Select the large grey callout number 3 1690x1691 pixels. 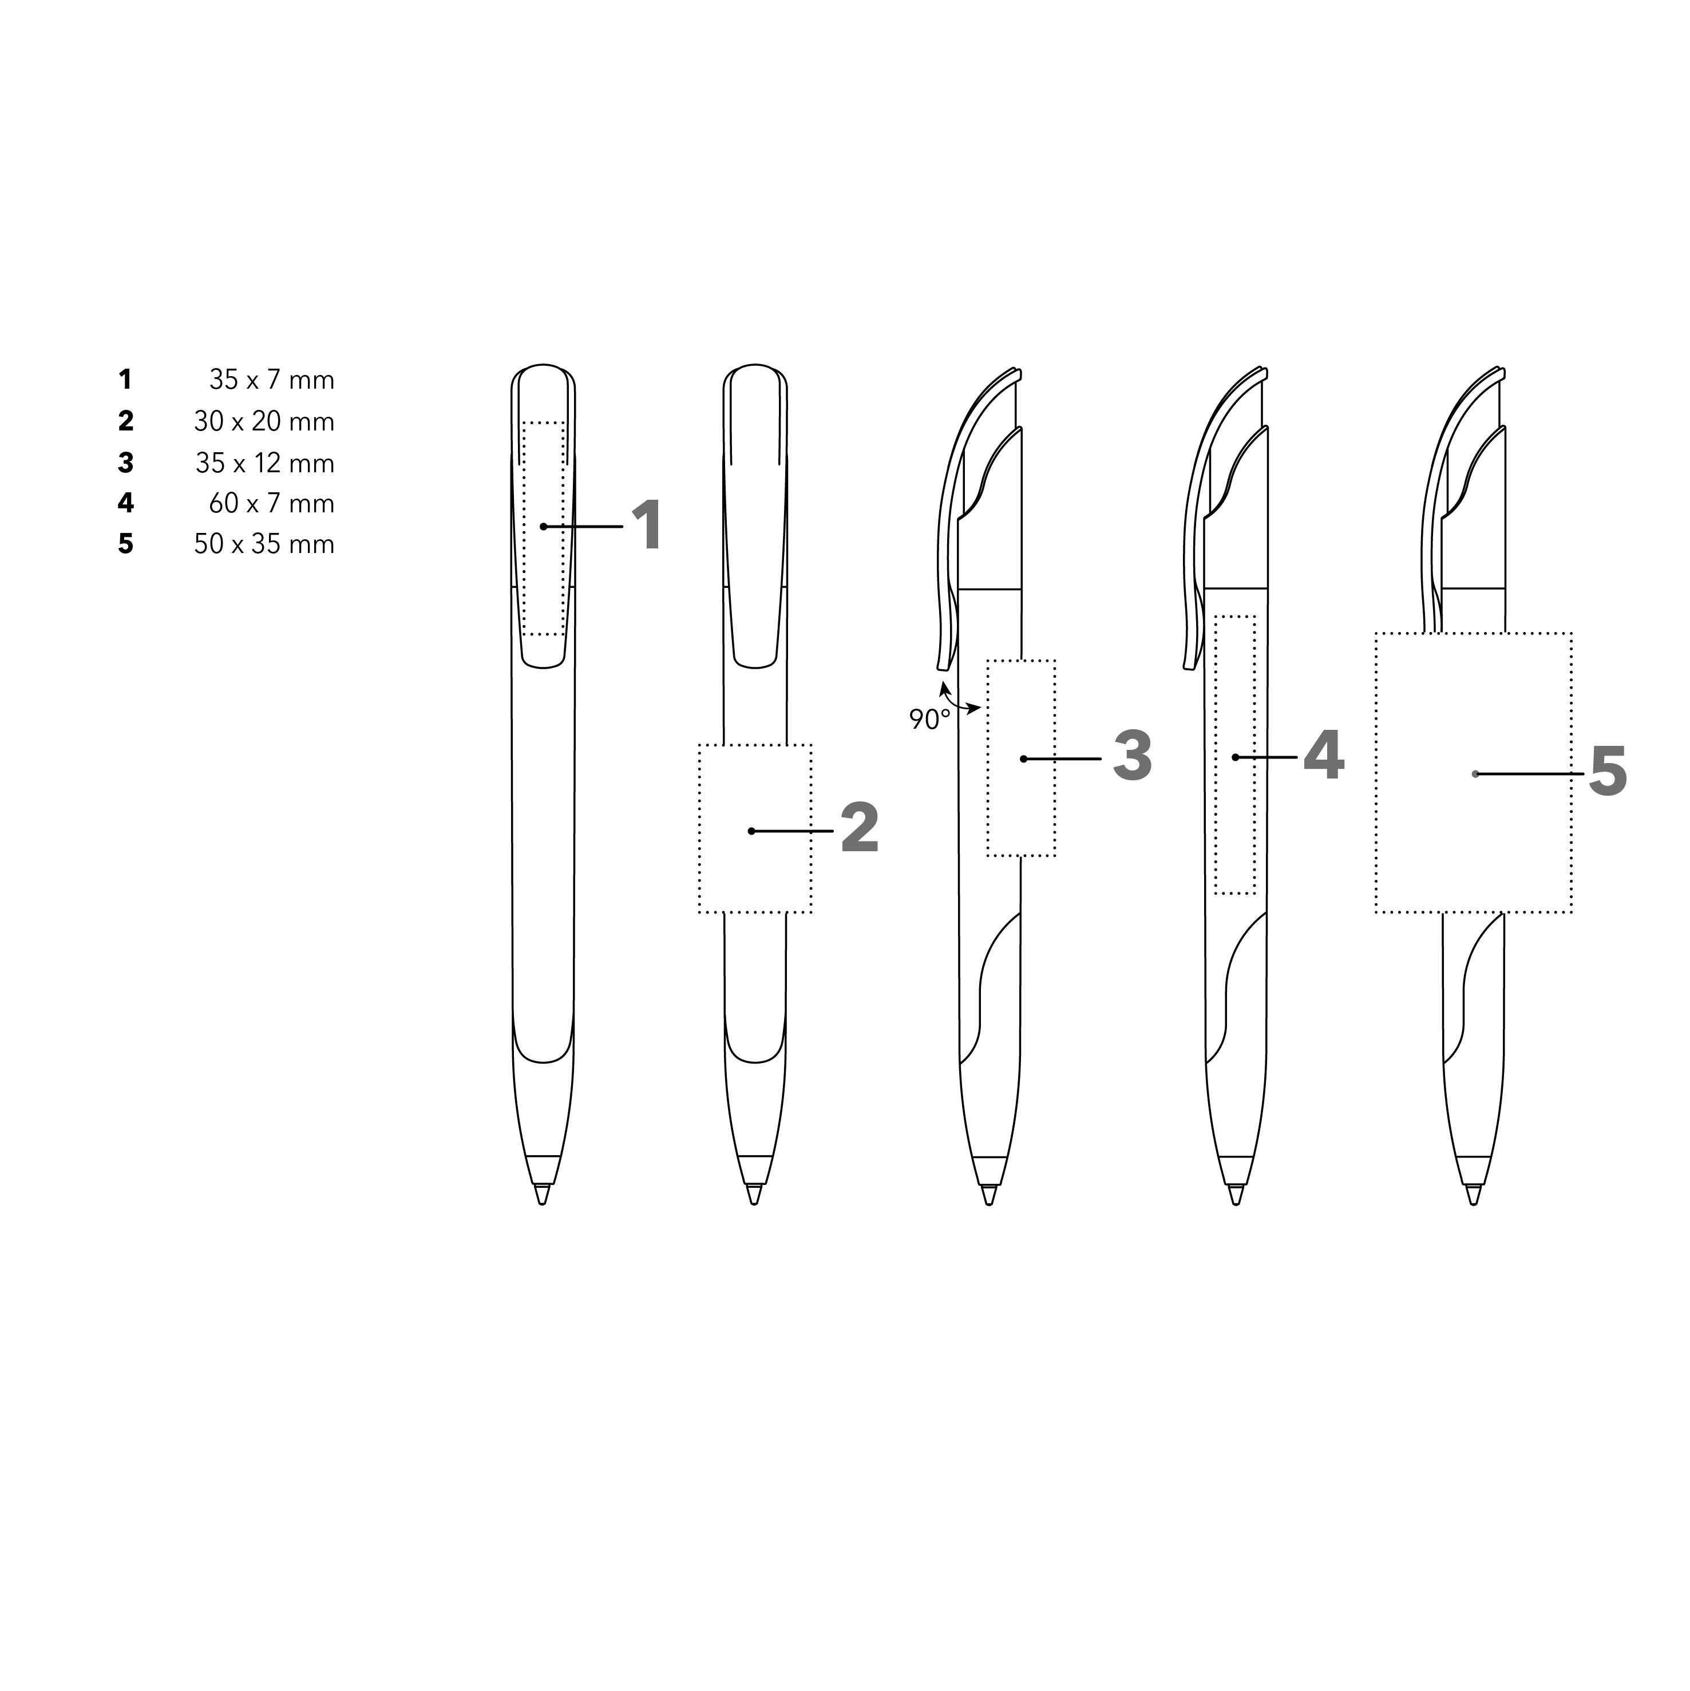[1133, 756]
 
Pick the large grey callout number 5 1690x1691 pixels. [1608, 772]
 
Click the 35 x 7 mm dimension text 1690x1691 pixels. [271, 380]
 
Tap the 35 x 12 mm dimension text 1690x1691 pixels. [265, 463]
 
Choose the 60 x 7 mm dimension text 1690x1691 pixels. [271, 503]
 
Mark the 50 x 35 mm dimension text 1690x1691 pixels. [264, 544]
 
